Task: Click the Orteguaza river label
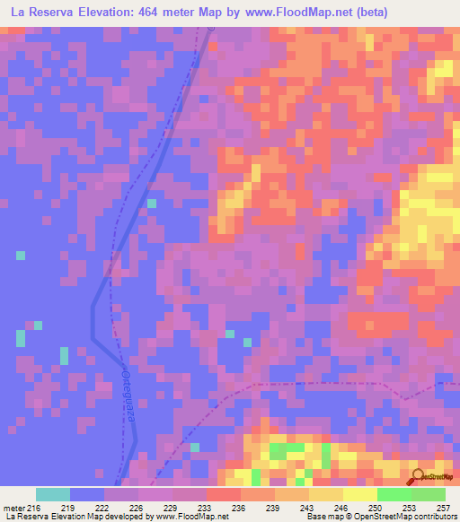128,393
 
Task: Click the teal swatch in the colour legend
52,494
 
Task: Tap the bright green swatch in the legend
394,494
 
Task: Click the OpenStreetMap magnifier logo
418,475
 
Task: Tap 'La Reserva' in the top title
40,12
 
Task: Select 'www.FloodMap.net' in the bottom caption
190,517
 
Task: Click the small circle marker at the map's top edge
212,28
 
